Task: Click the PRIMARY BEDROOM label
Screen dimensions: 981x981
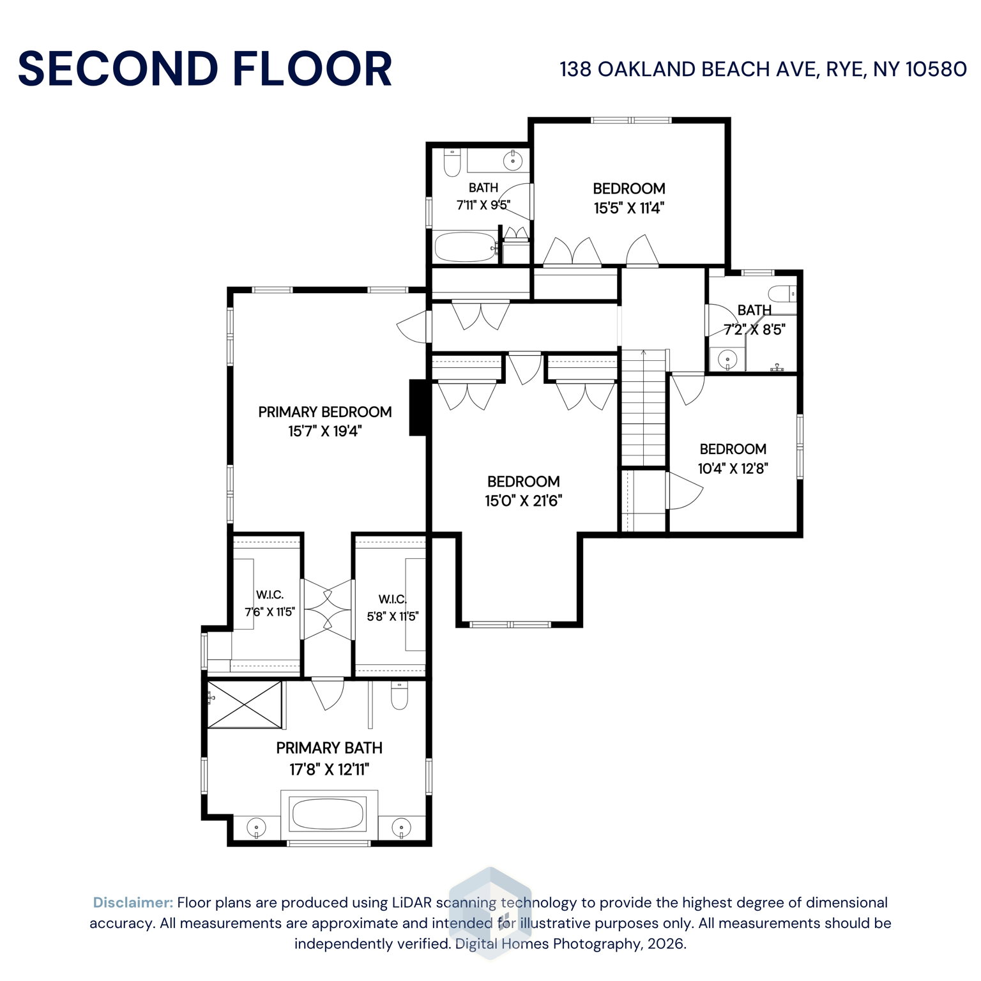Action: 324,412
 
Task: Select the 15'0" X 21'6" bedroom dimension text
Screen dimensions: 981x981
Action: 523,501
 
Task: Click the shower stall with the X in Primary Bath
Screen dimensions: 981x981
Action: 245,704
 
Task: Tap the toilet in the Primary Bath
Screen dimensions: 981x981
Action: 399,696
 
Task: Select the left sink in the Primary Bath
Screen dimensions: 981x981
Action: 256,827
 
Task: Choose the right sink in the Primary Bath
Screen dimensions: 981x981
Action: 401,827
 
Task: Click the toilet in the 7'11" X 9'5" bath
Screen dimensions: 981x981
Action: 452,163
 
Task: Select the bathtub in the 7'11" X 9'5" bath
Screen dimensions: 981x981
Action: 465,247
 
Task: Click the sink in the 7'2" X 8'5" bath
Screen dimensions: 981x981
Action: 727,360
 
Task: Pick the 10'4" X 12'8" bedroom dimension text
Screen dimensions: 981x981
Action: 733,468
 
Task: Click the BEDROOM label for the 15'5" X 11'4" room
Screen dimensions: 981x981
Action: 628,188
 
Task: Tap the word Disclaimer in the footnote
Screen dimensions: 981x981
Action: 133,902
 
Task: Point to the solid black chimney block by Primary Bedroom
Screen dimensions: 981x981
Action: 418,407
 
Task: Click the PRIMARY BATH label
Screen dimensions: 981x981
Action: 329,748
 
